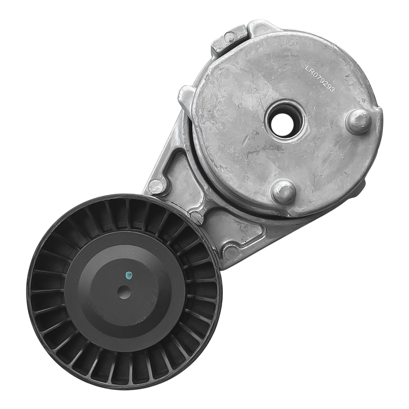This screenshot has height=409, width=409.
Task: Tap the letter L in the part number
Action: pos(308,68)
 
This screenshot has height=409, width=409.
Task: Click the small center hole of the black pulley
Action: pos(124,292)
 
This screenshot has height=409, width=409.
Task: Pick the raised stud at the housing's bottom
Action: pos(283,191)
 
